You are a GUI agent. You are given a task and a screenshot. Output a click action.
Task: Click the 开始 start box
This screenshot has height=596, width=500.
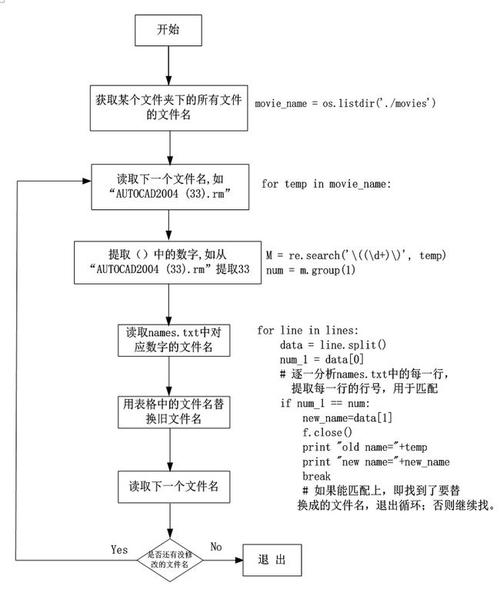point(168,30)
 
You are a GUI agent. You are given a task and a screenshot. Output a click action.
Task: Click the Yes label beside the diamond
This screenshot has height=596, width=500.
point(118,548)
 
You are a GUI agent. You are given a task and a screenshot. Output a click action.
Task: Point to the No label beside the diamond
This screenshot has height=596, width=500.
point(214,547)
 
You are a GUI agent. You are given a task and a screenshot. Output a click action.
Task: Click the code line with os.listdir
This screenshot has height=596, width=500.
point(345,104)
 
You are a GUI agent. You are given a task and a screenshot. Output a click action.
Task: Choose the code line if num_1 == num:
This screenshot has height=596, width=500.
point(325,403)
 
